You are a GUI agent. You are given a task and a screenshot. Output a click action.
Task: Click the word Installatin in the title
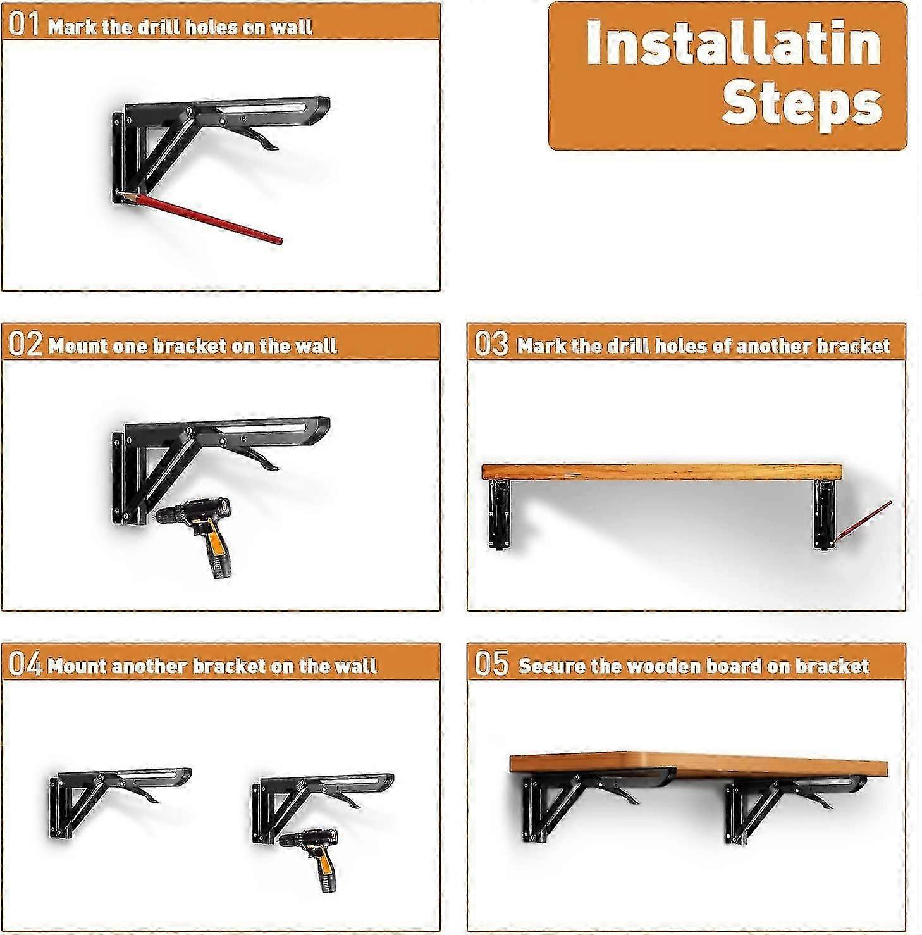(x=734, y=43)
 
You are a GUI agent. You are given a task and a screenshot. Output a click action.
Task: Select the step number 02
(x=25, y=344)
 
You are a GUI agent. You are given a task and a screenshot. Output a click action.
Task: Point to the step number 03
(x=491, y=344)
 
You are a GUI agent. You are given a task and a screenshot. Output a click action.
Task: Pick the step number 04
(x=25, y=664)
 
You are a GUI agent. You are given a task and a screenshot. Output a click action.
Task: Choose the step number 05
(x=491, y=664)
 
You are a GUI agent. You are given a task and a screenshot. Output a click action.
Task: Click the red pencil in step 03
(x=863, y=521)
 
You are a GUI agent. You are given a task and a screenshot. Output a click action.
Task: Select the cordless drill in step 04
(x=310, y=860)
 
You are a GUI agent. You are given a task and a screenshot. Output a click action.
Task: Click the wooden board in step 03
(x=661, y=472)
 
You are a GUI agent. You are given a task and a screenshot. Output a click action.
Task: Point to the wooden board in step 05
(x=698, y=765)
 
